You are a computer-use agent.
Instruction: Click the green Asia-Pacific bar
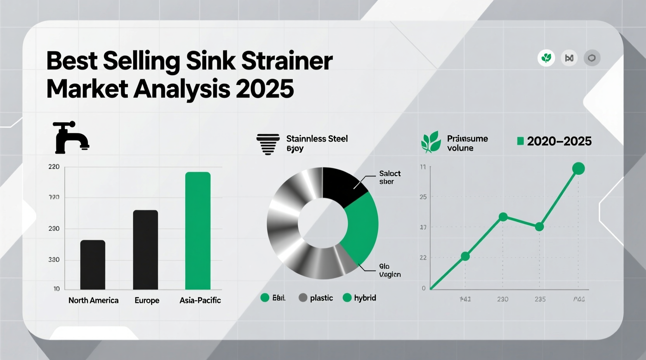(x=198, y=231)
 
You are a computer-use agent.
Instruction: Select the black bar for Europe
(x=146, y=250)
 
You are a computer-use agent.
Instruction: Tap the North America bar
(x=93, y=265)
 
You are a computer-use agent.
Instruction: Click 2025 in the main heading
(x=264, y=89)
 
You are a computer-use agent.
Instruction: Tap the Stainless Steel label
(x=317, y=139)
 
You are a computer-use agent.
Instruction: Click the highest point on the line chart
(x=578, y=168)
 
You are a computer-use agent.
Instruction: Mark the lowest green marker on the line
(x=465, y=256)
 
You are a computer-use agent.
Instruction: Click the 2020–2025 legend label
(x=559, y=141)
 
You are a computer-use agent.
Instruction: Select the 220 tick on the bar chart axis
(x=54, y=167)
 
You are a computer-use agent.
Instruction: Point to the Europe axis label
(x=147, y=301)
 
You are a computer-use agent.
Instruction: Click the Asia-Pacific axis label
(x=200, y=300)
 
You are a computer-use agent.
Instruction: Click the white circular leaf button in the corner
(x=546, y=58)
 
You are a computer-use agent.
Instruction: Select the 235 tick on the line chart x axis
(x=540, y=299)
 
